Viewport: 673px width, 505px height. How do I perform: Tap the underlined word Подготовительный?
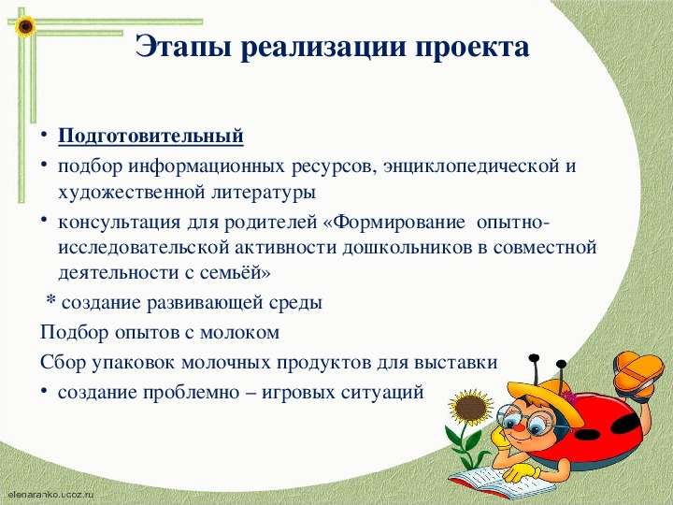tap(151, 137)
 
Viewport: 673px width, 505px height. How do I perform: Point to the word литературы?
tap(263, 193)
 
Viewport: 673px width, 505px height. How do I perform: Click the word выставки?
tap(456, 363)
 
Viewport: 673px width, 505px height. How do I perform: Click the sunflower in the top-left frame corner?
tap(25, 26)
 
